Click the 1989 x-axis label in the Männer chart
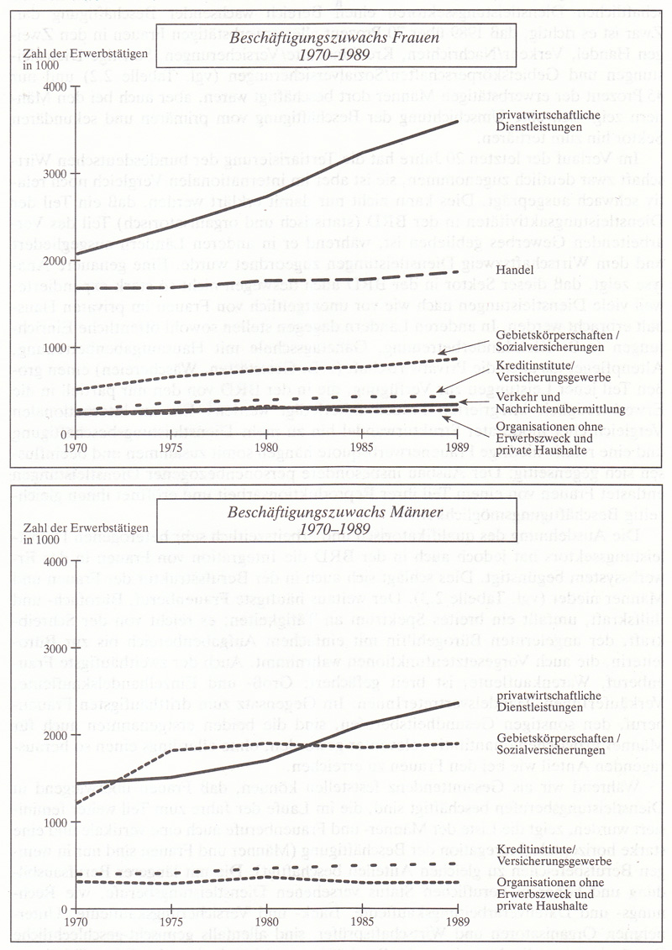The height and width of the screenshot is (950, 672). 457,921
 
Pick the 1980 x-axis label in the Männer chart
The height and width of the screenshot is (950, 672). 266,921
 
